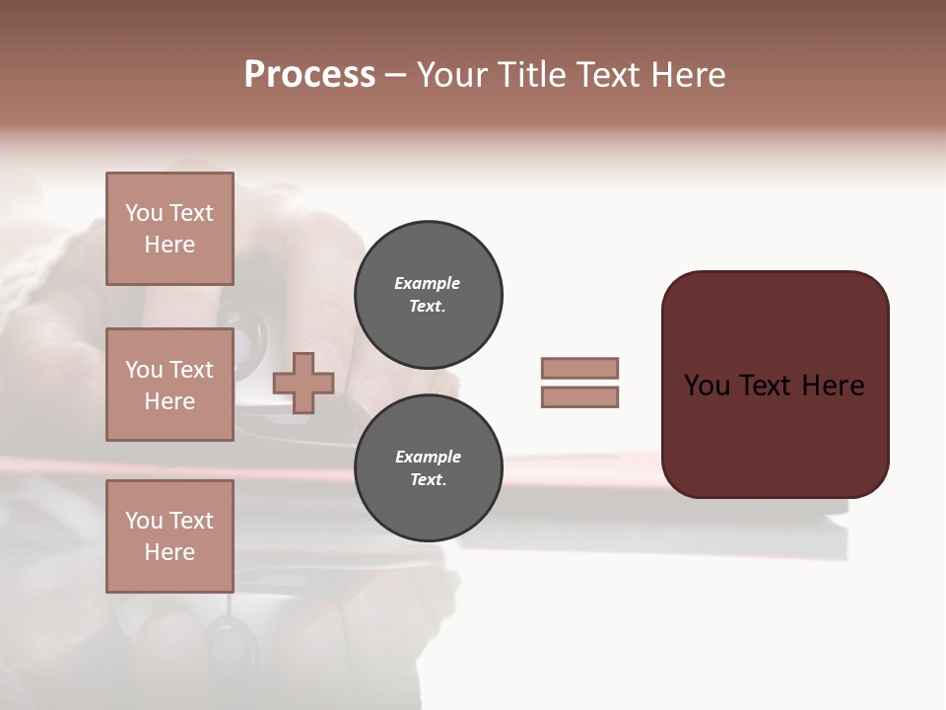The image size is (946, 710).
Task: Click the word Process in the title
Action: tap(309, 75)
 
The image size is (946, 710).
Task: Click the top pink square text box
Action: tap(169, 229)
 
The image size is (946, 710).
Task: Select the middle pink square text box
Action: tap(169, 385)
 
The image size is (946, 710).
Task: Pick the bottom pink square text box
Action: tap(169, 535)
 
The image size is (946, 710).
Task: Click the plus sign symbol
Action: tap(304, 383)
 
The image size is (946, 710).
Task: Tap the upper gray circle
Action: tap(428, 295)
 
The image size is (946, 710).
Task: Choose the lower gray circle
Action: tap(428, 468)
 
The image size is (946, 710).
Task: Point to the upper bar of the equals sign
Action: tap(579, 368)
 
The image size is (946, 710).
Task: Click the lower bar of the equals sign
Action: tap(579, 397)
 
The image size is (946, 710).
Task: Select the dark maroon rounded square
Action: tap(775, 434)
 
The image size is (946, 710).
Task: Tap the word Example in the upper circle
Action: tap(428, 283)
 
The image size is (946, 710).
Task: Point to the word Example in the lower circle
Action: tap(428, 457)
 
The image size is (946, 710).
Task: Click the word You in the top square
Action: tap(143, 213)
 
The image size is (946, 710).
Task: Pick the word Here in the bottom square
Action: tap(169, 552)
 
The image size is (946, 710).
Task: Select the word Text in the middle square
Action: tap(191, 370)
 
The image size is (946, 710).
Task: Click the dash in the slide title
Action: tap(395, 75)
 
